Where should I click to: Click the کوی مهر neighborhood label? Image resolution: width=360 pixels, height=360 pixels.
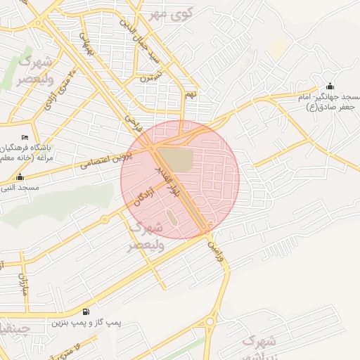point(166,14)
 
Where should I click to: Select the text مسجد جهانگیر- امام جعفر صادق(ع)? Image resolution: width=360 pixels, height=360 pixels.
point(334,102)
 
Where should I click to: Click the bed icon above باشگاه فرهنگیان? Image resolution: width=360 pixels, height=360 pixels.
point(26,137)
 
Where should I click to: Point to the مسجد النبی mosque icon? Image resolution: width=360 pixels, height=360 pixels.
point(20,177)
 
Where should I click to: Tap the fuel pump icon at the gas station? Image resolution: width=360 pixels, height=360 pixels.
point(86,311)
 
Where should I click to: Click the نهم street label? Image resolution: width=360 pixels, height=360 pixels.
point(189,94)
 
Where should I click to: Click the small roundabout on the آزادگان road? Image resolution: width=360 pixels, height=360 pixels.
point(105,219)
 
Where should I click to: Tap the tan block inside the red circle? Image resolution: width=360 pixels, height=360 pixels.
point(173,159)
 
